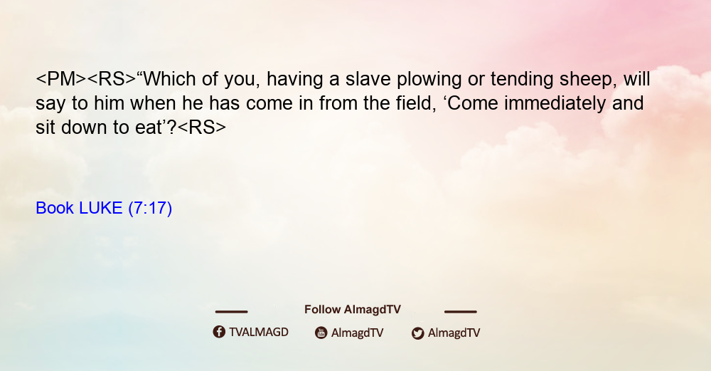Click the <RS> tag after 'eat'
pyautogui.click(x=201, y=127)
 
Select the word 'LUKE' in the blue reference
pyautogui.click(x=101, y=208)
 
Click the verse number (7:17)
pyautogui.click(x=150, y=209)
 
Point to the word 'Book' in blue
pyautogui.click(x=55, y=208)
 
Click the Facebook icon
pyautogui.click(x=219, y=332)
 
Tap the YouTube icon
pyautogui.click(x=321, y=333)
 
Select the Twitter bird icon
pyautogui.click(x=417, y=333)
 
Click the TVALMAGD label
pyautogui.click(x=259, y=332)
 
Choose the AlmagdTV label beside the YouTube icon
pyautogui.click(x=358, y=333)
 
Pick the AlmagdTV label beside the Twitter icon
pyautogui.click(x=454, y=333)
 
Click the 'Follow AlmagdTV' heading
pyautogui.click(x=353, y=310)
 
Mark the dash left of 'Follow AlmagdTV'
pyautogui.click(x=231, y=311)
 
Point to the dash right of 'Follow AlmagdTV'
pyautogui.click(x=460, y=311)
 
